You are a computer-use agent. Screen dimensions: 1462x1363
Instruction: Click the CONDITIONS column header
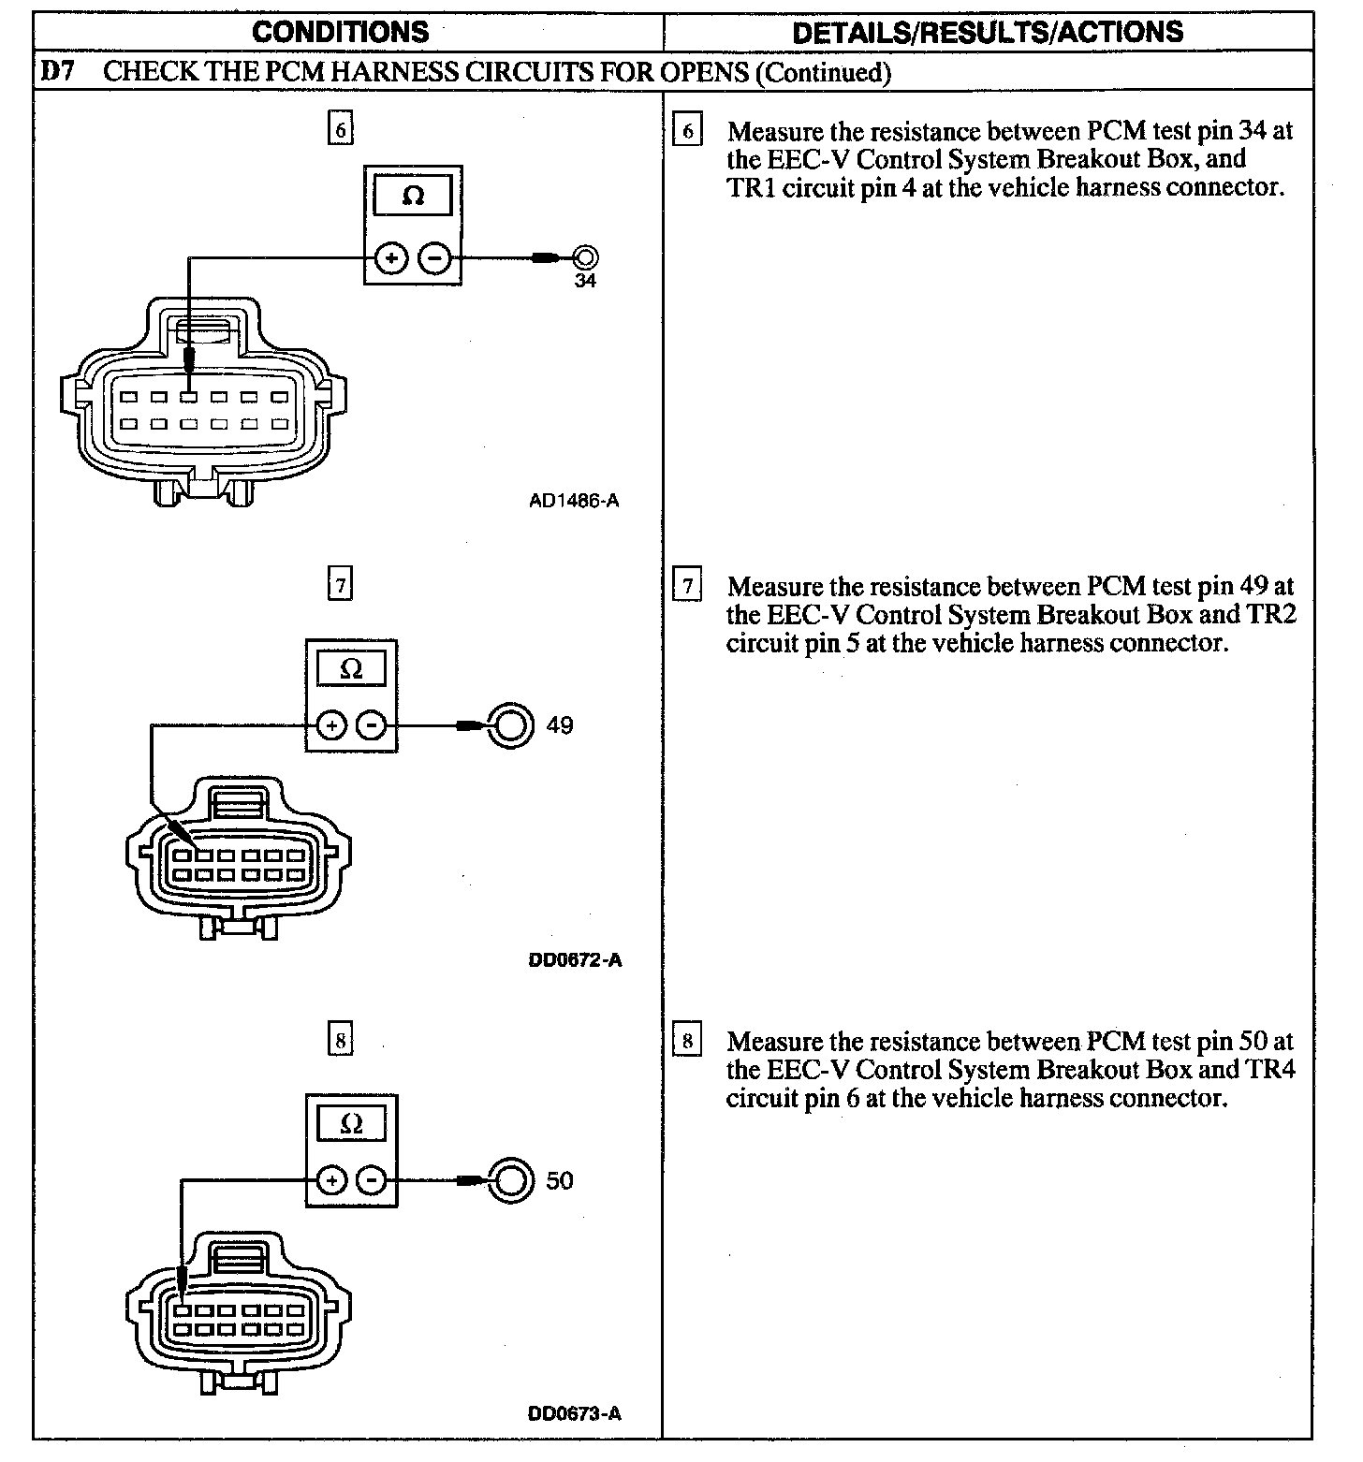(341, 32)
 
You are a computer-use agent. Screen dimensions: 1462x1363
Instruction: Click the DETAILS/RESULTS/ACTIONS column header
(988, 32)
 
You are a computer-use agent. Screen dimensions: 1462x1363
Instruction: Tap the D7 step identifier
(58, 72)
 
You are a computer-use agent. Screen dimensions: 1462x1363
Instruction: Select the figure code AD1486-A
(574, 501)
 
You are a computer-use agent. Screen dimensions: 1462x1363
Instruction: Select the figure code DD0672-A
(575, 959)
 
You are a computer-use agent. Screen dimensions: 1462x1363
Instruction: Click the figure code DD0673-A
(575, 1413)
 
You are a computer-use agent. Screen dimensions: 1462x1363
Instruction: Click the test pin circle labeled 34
(586, 256)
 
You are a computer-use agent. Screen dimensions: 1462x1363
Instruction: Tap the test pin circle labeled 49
(510, 725)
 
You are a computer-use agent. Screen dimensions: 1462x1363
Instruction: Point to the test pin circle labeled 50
(510, 1180)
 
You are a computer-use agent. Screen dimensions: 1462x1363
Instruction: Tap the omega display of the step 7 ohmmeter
(351, 670)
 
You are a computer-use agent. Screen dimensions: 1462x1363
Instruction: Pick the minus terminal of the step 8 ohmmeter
(373, 1180)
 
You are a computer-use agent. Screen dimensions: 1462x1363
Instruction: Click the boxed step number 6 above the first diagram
(341, 129)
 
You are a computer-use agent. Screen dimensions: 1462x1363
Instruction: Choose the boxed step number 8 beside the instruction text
(688, 1042)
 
